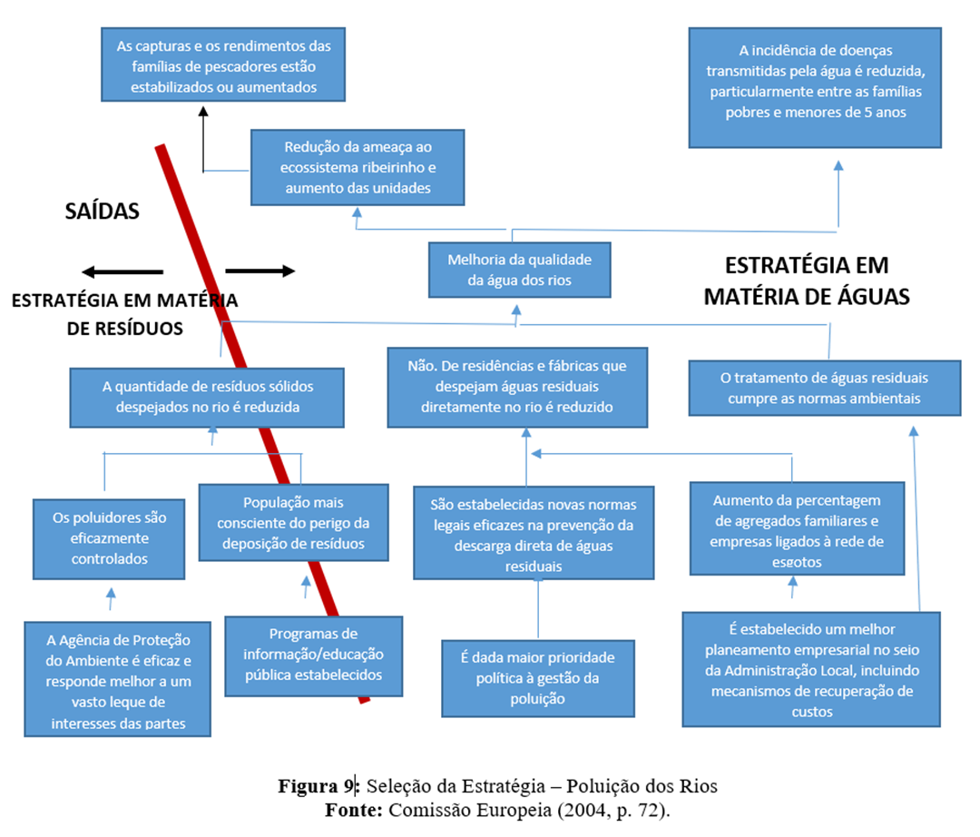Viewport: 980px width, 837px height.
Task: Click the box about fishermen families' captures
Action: [223, 65]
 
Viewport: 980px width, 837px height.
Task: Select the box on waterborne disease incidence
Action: [816, 86]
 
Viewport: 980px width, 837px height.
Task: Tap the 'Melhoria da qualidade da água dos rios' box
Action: [519, 270]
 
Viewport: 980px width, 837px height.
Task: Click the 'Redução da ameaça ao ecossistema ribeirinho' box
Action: [357, 167]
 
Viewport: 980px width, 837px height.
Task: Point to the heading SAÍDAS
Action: [103, 212]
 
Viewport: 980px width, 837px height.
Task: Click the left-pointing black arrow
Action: [122, 271]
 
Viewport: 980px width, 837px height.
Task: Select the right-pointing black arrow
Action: [260, 271]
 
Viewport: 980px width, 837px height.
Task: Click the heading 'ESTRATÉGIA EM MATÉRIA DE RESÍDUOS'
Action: [124, 314]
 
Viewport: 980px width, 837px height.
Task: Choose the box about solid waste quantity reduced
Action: [207, 397]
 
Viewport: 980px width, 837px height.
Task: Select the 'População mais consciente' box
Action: [294, 522]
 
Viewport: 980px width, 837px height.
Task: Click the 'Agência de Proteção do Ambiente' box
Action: [118, 677]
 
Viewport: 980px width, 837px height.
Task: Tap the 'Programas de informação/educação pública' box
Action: [313, 655]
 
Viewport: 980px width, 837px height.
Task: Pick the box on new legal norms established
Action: [533, 535]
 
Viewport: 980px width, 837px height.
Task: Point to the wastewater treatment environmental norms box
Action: [824, 388]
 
